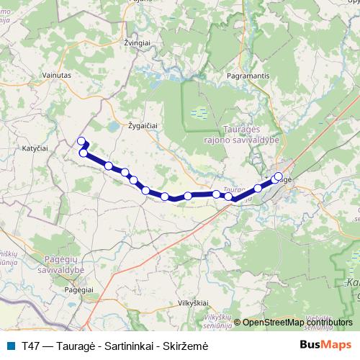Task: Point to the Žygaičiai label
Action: (x=143, y=125)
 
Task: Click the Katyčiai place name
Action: (x=35, y=147)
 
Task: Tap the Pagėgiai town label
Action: (x=80, y=288)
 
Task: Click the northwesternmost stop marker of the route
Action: (x=81, y=141)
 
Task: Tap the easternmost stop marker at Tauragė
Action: (x=279, y=175)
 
